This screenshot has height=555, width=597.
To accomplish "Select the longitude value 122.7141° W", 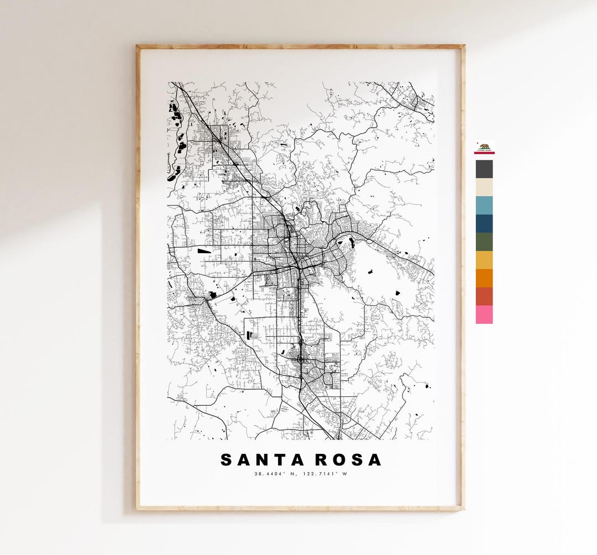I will [326, 474].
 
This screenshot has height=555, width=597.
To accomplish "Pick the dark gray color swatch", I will [484, 169].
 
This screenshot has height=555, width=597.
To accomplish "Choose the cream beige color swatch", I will [484, 187].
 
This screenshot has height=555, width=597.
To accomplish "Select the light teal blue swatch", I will [484, 205].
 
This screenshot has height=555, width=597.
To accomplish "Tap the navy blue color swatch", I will [484, 223].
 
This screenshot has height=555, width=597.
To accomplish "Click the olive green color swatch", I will [484, 242].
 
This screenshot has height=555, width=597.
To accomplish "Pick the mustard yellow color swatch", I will [484, 260].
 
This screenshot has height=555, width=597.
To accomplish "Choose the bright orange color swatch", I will [484, 278].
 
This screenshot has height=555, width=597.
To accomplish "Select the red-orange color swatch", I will [484, 296].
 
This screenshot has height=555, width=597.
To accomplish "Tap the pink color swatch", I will [484, 315].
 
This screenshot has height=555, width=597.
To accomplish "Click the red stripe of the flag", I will [484, 153].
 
